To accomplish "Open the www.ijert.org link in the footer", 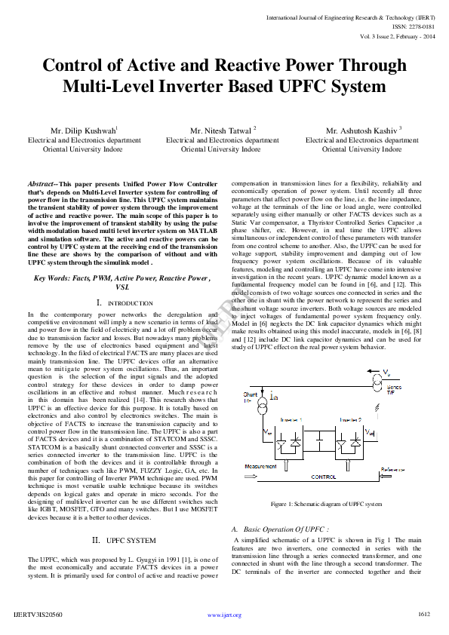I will [224, 615].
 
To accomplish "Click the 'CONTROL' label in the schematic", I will [323, 477].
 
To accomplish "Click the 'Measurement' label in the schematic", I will [260, 467].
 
